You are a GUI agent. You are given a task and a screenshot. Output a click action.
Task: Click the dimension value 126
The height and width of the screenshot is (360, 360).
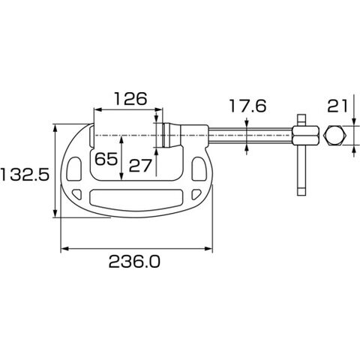(x=130, y=99)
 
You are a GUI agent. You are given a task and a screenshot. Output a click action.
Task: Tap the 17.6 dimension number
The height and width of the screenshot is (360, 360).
(x=247, y=106)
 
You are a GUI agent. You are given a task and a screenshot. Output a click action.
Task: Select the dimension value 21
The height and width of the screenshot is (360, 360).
(x=337, y=106)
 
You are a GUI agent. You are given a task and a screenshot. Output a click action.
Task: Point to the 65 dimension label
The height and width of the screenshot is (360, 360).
(x=106, y=159)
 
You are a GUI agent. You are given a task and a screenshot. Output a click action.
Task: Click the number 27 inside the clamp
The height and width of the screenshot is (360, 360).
(x=140, y=166)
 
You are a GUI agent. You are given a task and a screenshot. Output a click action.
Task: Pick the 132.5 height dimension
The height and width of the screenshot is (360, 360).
(x=25, y=175)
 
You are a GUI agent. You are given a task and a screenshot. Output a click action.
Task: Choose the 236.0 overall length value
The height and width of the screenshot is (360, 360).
(x=134, y=262)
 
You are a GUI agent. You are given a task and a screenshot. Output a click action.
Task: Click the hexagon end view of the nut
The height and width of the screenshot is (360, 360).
(x=335, y=136)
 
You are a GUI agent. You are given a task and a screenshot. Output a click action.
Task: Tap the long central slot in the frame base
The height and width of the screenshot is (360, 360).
(x=136, y=198)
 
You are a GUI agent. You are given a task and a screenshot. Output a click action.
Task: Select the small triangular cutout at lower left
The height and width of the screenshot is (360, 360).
(x=77, y=194)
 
